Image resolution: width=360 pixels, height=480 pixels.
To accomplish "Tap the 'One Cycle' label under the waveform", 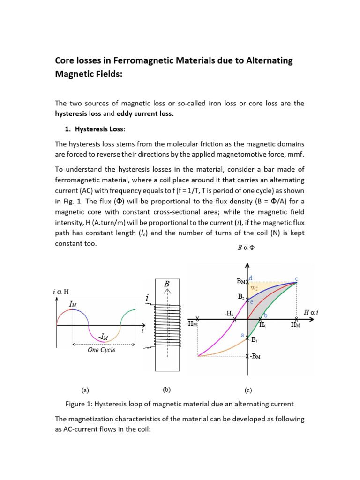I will [x=101, y=350].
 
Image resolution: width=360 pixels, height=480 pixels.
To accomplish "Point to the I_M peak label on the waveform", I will [x=74, y=304].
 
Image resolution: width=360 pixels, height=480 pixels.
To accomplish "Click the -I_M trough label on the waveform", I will [x=105, y=336].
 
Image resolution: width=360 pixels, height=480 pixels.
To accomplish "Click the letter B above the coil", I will [x=166, y=284].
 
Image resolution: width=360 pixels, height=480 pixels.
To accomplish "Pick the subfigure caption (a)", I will [x=85, y=389].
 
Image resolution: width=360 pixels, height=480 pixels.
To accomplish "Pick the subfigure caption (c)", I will [x=248, y=390].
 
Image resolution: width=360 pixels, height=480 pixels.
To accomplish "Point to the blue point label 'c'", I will [x=297, y=278].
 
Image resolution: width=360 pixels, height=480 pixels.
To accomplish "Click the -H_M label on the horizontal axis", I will [x=192, y=324].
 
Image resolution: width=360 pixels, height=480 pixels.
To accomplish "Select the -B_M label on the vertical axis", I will [x=255, y=357].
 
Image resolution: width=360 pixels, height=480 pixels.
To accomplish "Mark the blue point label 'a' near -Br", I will [x=242, y=335].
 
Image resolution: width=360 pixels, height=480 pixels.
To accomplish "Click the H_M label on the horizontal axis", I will [x=296, y=324].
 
